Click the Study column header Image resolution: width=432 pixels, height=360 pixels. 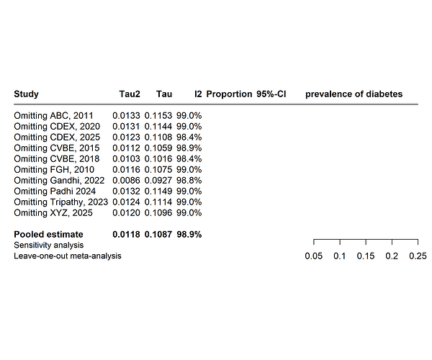point(26,94)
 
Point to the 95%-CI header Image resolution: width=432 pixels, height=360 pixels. point(271,94)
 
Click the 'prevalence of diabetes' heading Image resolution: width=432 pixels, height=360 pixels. point(354,94)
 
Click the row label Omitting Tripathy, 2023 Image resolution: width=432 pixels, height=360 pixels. point(60,202)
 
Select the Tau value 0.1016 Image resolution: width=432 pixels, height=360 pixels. point(158,158)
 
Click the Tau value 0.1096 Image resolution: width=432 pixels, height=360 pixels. point(158,212)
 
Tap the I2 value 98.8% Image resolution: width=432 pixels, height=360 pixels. point(189,180)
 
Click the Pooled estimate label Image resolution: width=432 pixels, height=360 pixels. point(48,234)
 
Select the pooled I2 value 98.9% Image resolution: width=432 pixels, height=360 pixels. point(189,234)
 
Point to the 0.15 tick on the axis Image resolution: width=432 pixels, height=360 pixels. point(366,256)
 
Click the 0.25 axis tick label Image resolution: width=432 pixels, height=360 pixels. point(418,256)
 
